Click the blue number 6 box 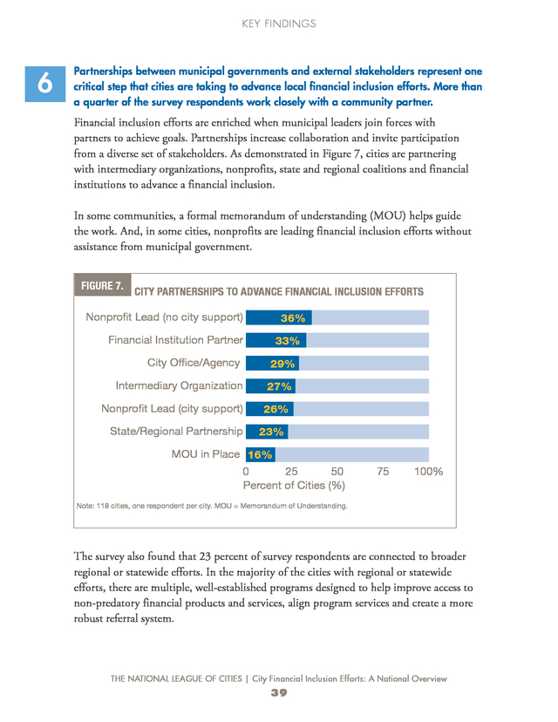[x=45, y=84]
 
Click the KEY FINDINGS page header [x=279, y=24]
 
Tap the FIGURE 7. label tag [x=102, y=285]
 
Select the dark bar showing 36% [x=278, y=317]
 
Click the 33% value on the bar [x=288, y=341]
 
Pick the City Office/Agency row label [x=194, y=363]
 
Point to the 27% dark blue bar [x=270, y=386]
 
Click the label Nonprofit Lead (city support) [x=172, y=408]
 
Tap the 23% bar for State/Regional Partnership [x=267, y=432]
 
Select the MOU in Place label [x=206, y=454]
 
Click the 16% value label [x=260, y=455]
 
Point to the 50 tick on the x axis [x=337, y=472]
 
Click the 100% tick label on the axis [x=429, y=472]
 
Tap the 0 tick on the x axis [x=246, y=472]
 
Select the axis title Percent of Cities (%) [x=294, y=486]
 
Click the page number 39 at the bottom [x=279, y=692]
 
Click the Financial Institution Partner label [x=175, y=340]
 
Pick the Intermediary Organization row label [x=179, y=386]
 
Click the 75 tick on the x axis [x=383, y=472]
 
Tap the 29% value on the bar [x=282, y=364]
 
